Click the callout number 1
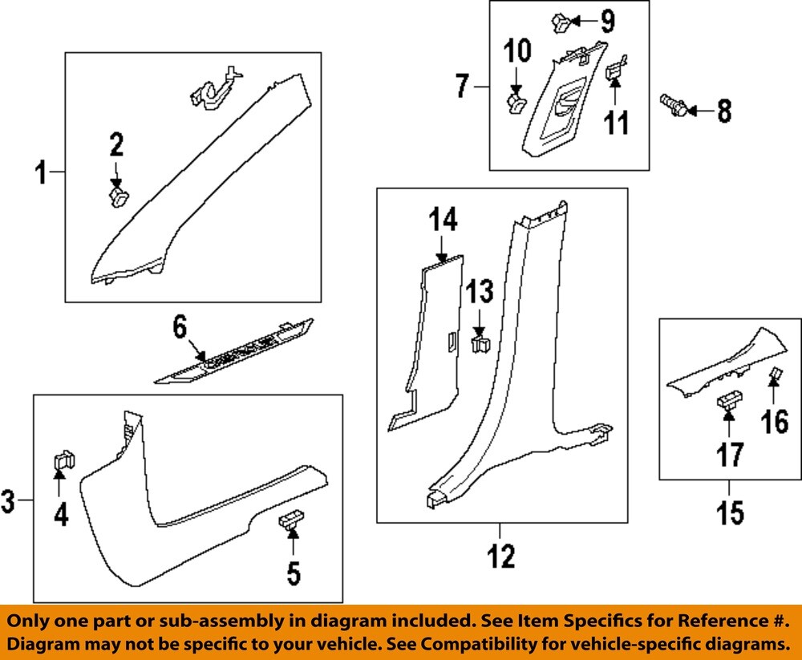pos(42,172)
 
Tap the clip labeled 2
pos(119,195)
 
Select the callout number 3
pos(9,503)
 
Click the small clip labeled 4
pos(62,460)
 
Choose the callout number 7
pos(461,85)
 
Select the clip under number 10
pos(518,101)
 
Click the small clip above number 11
pos(615,73)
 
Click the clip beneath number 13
pos(480,344)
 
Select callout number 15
pos(731,512)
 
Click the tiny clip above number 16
pos(776,374)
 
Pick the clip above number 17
pos(729,401)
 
